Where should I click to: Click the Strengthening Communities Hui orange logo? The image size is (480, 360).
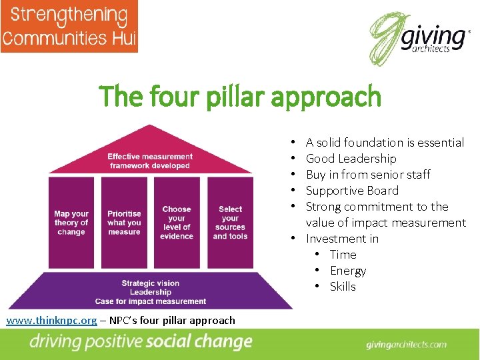69,26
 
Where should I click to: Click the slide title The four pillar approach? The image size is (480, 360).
240,97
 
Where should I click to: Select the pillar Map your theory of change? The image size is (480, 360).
71,223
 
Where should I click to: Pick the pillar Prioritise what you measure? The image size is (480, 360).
124,223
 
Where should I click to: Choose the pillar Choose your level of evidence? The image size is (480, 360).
177,223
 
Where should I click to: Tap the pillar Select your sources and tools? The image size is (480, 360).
230,223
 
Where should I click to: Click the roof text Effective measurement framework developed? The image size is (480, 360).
150,161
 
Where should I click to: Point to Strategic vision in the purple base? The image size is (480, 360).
150,283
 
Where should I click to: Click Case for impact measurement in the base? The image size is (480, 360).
150,301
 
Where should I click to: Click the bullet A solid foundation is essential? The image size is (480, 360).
385,143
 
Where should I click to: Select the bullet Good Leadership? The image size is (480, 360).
351,159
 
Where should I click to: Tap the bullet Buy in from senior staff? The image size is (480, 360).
368,175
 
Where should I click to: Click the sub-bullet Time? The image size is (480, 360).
343,255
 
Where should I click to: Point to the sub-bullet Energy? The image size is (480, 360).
348,271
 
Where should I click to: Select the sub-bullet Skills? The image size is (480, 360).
343,287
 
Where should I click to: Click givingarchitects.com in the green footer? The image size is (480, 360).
406,345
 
